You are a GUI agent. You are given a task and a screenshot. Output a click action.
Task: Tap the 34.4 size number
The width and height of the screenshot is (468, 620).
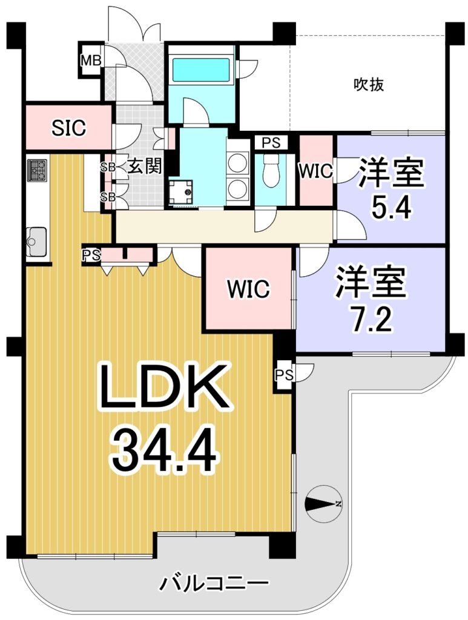point(164,452)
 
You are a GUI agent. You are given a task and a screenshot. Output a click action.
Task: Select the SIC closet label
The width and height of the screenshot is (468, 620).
point(69,128)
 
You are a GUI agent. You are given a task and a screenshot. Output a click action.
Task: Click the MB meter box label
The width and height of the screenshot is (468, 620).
point(91,61)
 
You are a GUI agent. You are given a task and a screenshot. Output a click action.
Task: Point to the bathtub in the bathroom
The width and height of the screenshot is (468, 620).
point(202,70)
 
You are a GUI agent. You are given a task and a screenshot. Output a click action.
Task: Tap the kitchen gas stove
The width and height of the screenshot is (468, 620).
point(38,170)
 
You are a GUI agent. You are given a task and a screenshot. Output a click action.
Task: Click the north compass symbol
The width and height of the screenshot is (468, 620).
point(323,504)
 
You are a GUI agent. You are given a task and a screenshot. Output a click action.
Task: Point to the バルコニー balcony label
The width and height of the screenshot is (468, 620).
point(214,584)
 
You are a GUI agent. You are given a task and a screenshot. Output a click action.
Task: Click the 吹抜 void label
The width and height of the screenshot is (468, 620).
point(368,85)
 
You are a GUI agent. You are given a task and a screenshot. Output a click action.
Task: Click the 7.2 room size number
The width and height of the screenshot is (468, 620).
point(369,320)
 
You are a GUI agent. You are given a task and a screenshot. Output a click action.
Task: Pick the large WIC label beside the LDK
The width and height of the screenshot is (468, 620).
point(248,289)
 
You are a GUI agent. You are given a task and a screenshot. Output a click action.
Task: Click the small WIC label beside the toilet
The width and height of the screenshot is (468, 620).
point(315,171)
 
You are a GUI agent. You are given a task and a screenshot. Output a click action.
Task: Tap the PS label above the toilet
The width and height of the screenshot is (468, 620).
point(271,142)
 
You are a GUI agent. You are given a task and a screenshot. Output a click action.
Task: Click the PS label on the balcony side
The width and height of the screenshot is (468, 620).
point(285,374)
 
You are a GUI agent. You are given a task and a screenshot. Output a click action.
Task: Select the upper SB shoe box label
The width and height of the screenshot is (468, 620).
point(108,167)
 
